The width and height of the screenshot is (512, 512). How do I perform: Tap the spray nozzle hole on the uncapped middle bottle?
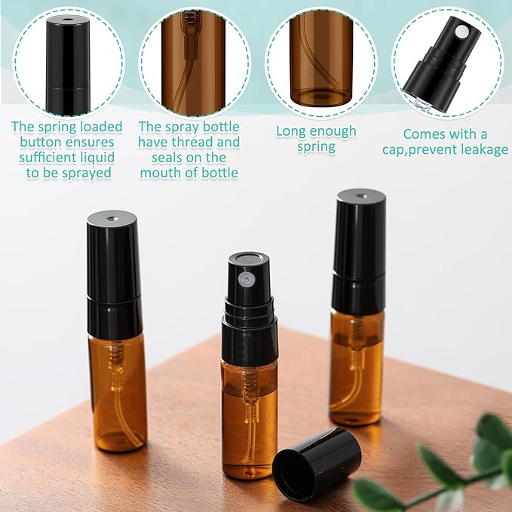(x=244, y=279)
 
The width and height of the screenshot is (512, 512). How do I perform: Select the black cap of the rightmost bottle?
(x=359, y=249)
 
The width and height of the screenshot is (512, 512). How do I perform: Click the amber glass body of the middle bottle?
(x=249, y=407)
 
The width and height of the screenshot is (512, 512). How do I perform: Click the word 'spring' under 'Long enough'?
(x=316, y=147)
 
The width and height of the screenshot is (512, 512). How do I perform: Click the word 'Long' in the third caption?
(x=291, y=131)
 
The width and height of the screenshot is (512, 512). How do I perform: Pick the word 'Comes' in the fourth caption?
(x=425, y=133)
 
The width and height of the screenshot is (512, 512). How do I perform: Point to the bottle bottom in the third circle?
(x=320, y=97)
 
